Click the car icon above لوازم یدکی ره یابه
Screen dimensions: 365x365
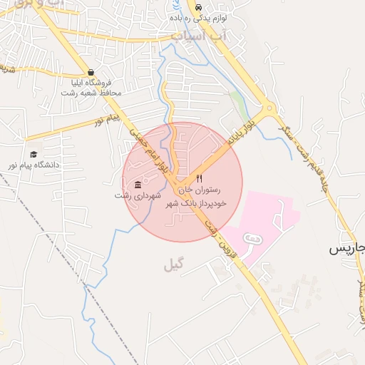[197, 6]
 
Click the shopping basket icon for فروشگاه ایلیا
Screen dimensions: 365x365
[91, 72]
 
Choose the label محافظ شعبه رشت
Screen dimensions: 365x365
[91, 93]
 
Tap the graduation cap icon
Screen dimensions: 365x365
[34, 154]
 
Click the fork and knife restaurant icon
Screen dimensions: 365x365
[200, 178]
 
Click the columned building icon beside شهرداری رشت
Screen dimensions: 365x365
[138, 185]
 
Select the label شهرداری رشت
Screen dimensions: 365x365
[138, 195]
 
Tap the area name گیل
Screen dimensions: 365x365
[173, 266]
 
